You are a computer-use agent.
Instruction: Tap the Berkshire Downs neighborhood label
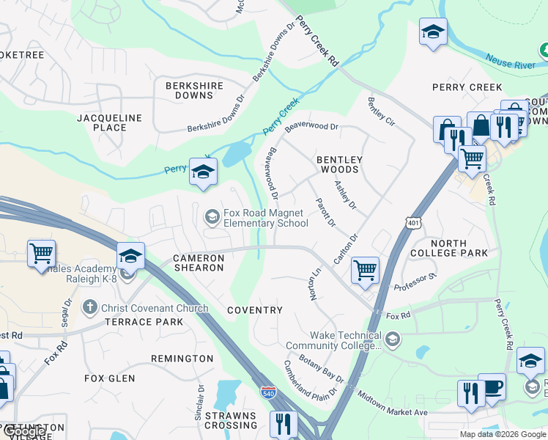point(194,90)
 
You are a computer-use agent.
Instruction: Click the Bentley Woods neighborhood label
point(338,164)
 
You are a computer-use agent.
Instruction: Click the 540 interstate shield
point(268,392)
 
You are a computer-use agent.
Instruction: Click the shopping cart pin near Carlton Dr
point(364,270)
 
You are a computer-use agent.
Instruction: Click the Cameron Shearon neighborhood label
point(198,263)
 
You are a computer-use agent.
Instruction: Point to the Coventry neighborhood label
point(254,310)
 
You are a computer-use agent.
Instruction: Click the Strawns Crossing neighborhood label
point(231,420)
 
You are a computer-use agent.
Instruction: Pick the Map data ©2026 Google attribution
point(502,434)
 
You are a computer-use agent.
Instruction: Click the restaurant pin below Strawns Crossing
point(282,423)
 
